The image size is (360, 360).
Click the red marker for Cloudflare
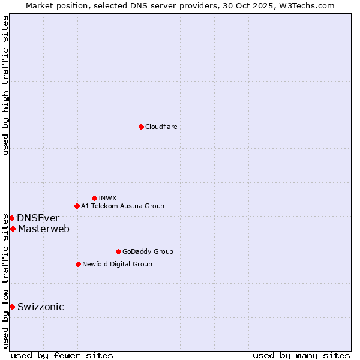tap(141, 127)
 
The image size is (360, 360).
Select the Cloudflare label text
tap(161, 127)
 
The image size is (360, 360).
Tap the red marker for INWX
tap(94, 198)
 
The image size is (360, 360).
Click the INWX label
tap(107, 198)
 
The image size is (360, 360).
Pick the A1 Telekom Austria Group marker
tap(77, 206)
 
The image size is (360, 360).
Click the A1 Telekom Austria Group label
tap(122, 206)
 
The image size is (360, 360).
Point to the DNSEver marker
tap(11, 218)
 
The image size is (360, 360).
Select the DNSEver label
tap(38, 218)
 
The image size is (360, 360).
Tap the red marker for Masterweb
tap(13, 229)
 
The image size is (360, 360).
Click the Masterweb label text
tap(43, 229)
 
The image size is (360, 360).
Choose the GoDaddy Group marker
tap(118, 251)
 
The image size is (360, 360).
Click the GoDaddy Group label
tap(147, 251)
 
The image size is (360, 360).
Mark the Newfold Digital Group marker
tap(78, 264)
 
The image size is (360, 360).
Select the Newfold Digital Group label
tap(117, 264)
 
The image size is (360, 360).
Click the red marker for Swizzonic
tap(12, 307)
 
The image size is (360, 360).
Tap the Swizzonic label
tap(40, 307)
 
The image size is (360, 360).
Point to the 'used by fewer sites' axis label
tap(62, 355)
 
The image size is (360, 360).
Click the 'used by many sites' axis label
tap(301, 355)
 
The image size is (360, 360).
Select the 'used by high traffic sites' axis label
tap(5, 85)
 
